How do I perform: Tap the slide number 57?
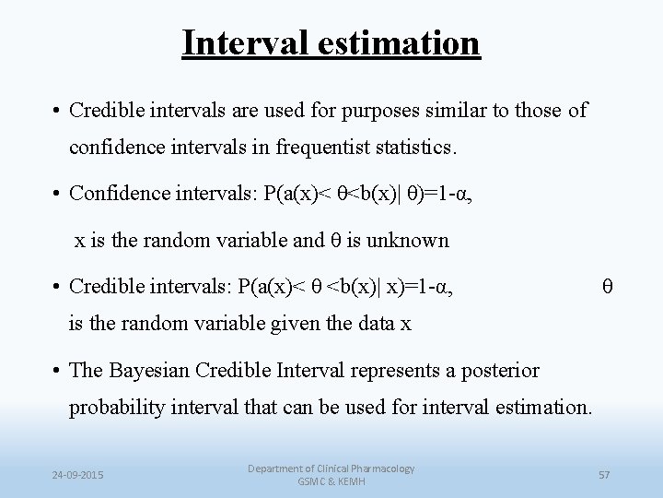pos(605,475)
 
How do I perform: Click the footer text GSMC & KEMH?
pos(331,482)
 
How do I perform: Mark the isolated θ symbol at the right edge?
pos(607,288)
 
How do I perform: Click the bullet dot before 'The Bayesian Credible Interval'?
pos(57,371)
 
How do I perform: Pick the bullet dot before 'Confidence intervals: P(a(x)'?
pos(57,194)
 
